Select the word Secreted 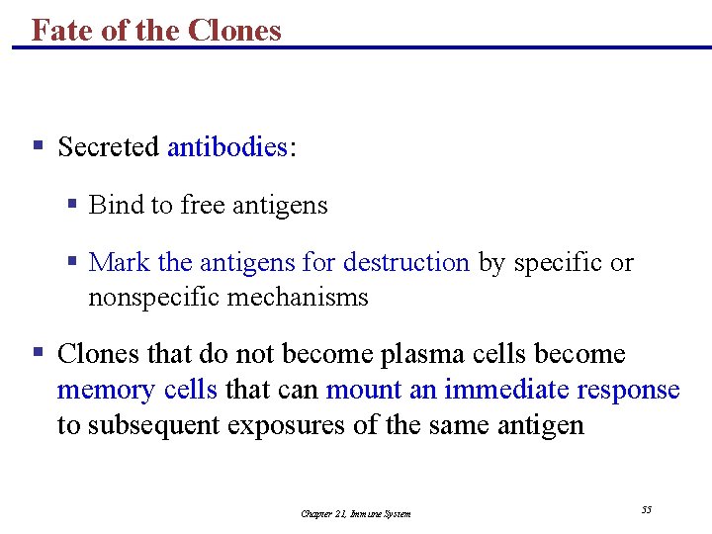(x=109, y=147)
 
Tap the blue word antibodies (x=227, y=147)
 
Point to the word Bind (x=116, y=205)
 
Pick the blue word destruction (x=405, y=262)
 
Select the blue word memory (x=103, y=390)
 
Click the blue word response (x=625, y=390)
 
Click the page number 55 (x=647, y=509)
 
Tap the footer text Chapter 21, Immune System (x=356, y=513)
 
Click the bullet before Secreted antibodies (x=38, y=146)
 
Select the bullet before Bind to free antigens (x=72, y=204)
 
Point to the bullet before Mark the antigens (x=72, y=261)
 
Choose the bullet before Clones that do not (x=38, y=352)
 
